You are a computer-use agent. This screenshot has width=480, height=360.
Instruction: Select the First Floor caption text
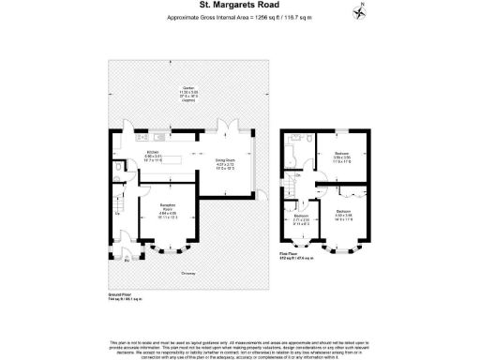(x=290, y=252)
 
